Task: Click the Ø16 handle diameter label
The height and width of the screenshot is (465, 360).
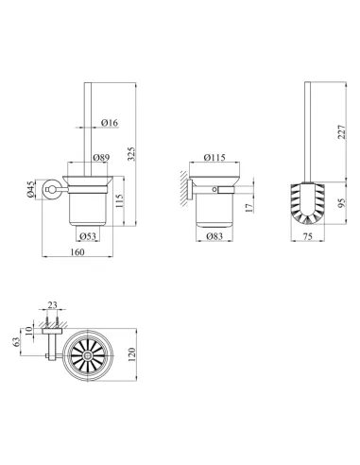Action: pos(110,123)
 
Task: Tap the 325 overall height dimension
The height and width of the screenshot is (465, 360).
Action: pos(131,154)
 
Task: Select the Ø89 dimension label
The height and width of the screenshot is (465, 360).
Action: pos(101,158)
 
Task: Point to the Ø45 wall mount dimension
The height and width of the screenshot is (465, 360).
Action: pos(30,190)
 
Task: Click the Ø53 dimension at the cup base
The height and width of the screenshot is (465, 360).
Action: pos(88,236)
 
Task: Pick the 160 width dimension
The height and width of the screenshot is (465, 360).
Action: pos(77,252)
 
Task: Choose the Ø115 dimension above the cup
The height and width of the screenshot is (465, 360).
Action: pos(214,157)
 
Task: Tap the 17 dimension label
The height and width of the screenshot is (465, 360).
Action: pos(249,207)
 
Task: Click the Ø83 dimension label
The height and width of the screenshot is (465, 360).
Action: pos(214,236)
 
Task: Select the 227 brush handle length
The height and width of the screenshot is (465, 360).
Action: pos(341,132)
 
